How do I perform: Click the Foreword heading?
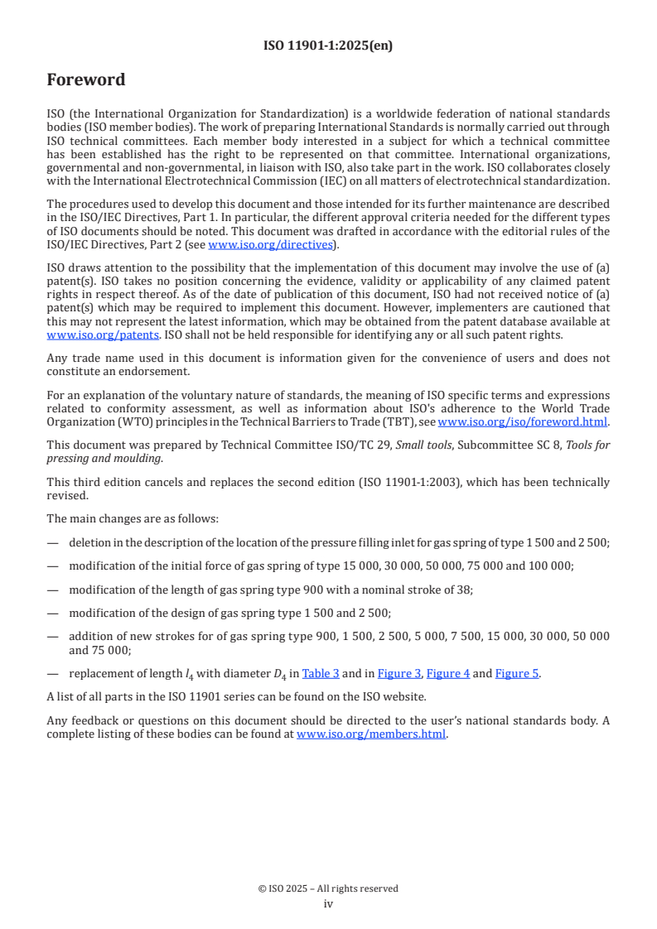tap(86, 80)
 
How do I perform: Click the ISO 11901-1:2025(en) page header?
tap(328, 46)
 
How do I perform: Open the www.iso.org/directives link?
tap(271, 244)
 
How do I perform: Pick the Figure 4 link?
tap(448, 673)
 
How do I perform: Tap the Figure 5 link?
tap(517, 673)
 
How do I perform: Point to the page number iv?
tap(328, 904)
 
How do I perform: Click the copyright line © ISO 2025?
tap(328, 888)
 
